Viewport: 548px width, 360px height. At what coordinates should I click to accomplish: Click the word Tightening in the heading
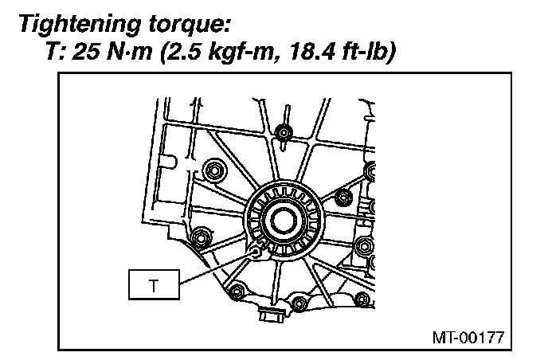(x=80, y=25)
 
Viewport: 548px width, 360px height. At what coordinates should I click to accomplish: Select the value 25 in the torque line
(x=87, y=52)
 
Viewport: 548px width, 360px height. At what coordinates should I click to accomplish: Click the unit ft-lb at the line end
(x=369, y=52)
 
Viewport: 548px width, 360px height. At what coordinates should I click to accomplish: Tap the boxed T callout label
(x=155, y=284)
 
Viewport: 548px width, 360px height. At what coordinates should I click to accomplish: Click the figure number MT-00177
(x=468, y=337)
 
